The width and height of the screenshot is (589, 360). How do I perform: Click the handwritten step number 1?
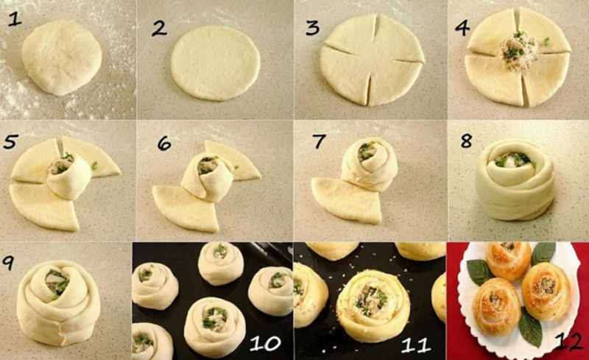pos(15,18)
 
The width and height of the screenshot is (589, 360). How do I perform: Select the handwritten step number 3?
pos(312,27)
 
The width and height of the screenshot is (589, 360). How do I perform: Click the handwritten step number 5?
pos(10,141)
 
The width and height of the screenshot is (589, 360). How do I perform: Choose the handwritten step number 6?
pos(164,142)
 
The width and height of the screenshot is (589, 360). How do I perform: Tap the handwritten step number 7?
pos(319,141)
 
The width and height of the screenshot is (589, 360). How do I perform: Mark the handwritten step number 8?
pos(467,140)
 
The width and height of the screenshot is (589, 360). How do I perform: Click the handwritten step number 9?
pos(8,262)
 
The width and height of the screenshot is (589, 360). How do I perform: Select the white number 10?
pos(265,343)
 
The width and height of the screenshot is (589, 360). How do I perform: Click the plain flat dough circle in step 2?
pos(215,63)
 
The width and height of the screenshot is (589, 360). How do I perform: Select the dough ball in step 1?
pos(61,57)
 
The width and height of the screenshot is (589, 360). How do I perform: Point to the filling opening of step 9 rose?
pos(57,282)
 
